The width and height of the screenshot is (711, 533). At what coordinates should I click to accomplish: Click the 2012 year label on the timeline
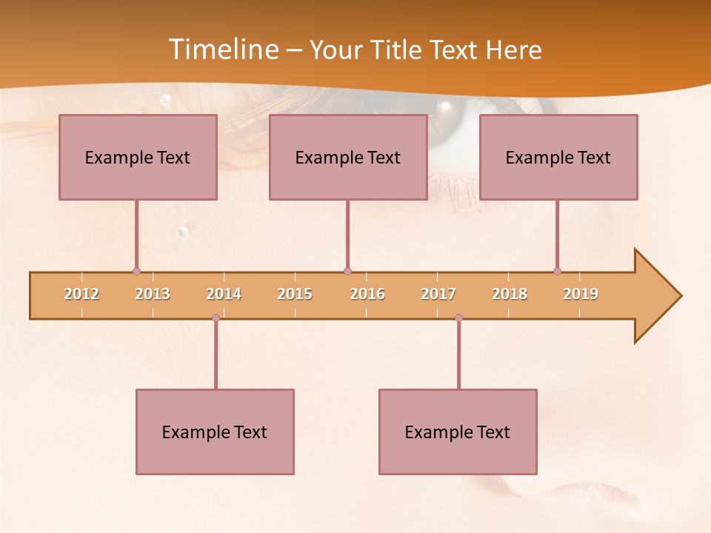click(81, 294)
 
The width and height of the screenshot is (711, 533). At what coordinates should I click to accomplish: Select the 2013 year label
click(153, 294)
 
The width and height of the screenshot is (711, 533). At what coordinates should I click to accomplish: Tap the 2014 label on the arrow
click(224, 294)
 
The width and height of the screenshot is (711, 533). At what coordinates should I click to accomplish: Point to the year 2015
click(295, 294)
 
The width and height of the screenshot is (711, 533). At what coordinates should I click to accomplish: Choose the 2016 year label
click(367, 294)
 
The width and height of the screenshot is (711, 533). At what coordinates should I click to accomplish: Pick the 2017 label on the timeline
click(438, 294)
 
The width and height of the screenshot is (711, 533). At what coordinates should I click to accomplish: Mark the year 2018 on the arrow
click(510, 294)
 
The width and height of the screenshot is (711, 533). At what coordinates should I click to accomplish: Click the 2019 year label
click(581, 294)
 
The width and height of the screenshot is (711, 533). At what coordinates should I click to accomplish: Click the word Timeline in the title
click(223, 50)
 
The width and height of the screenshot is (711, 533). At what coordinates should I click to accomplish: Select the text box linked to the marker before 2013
click(138, 157)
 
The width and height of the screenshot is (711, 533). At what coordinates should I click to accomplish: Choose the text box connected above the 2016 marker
click(348, 157)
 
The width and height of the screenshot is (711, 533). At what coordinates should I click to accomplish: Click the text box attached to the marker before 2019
click(558, 157)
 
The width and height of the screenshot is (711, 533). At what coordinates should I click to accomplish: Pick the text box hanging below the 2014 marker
click(215, 432)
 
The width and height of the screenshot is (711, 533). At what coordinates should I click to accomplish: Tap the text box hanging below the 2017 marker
click(458, 432)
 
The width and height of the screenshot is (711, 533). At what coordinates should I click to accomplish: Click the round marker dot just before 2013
click(136, 271)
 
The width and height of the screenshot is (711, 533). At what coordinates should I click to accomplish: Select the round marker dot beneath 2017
click(458, 318)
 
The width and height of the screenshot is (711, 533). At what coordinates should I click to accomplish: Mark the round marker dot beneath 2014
click(216, 318)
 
